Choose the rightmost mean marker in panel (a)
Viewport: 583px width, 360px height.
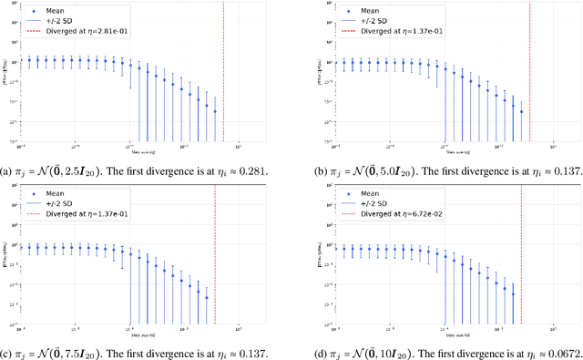click(215, 111)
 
